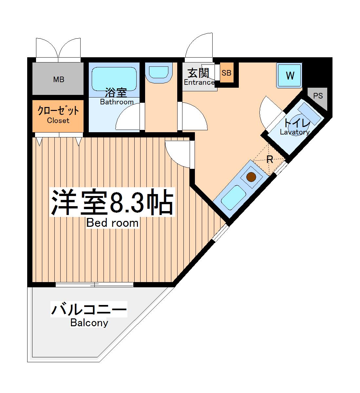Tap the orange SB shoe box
(226, 73)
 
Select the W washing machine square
(290, 76)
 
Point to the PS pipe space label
(318, 96)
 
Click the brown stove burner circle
(251, 177)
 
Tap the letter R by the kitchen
(270, 160)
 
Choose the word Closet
(58, 120)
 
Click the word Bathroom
(117, 102)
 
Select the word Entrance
(199, 82)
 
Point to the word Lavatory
(294, 132)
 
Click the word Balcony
(89, 323)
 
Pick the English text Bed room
(112, 223)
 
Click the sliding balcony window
(94, 285)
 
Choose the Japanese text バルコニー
(89, 309)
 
